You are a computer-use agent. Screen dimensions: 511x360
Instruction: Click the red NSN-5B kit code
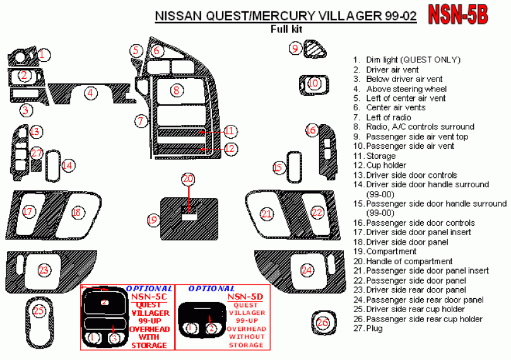[458, 15]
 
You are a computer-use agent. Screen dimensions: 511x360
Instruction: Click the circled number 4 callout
[90, 93]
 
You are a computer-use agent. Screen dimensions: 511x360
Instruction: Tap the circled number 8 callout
[177, 90]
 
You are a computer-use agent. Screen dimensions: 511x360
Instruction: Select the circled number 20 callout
[188, 179]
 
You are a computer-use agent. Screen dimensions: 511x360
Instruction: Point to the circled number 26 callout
[322, 323]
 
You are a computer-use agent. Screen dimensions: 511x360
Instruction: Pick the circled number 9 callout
[295, 49]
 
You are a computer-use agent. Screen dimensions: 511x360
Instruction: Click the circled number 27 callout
[37, 153]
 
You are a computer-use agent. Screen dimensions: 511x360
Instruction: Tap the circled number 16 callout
[311, 131]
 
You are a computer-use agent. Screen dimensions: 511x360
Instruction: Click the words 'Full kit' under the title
[286, 29]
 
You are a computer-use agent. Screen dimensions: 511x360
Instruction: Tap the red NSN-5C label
[149, 296]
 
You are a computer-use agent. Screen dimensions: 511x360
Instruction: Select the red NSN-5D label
[245, 296]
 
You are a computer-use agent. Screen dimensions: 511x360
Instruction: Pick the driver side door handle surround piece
[53, 166]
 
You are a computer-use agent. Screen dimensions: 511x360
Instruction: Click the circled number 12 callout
[230, 149]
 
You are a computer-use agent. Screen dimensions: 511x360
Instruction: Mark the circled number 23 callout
[44, 270]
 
